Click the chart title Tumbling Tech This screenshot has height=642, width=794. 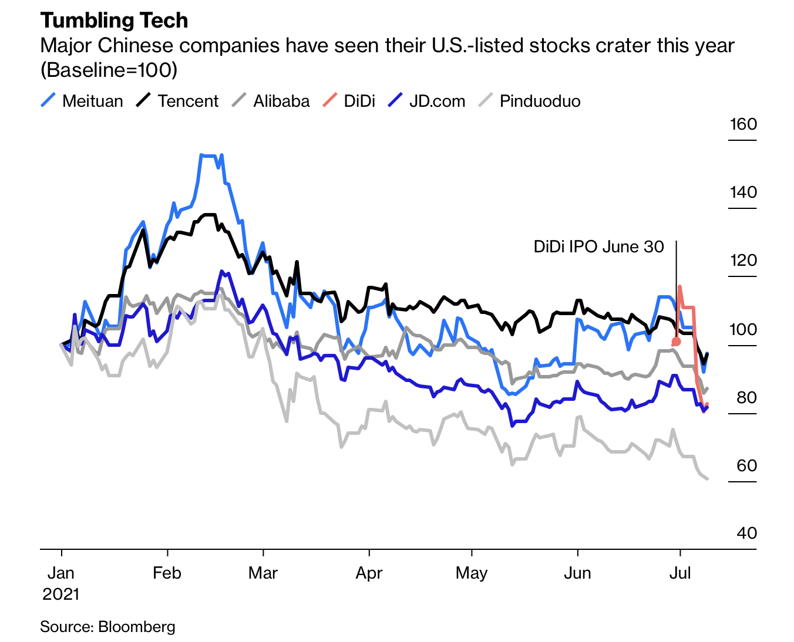tap(114, 21)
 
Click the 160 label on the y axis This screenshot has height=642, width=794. tap(743, 124)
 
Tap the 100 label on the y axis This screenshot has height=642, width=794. tap(743, 329)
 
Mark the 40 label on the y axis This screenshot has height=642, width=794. tap(746, 533)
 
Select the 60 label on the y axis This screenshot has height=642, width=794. tap(746, 465)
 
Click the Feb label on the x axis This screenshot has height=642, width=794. tap(167, 573)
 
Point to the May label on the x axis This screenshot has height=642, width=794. tap(472, 573)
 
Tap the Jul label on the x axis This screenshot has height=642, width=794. tap(680, 573)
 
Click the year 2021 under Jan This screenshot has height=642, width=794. tap(60, 594)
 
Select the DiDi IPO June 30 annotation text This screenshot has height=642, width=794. tap(598, 246)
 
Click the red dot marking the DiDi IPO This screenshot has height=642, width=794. tap(676, 342)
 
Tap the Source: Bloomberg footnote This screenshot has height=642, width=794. tap(107, 627)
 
